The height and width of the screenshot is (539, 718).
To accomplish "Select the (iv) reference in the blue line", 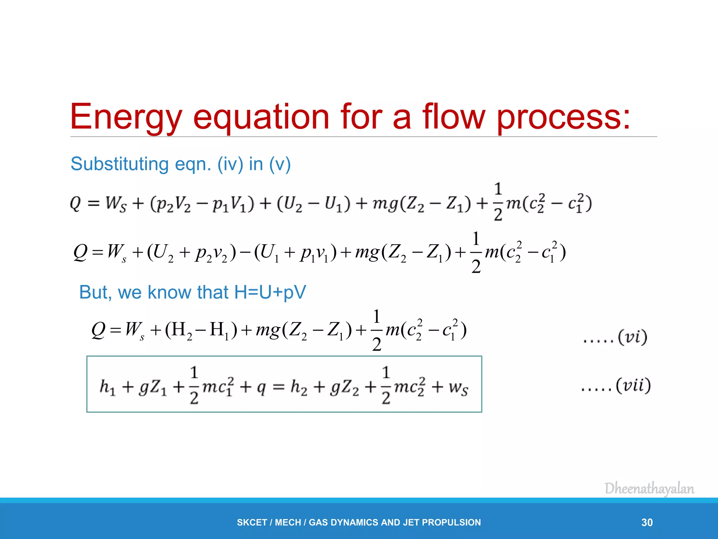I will click(230, 164).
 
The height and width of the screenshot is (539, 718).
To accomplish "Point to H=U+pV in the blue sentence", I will click(270, 292).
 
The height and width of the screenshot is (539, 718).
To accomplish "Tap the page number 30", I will click(647, 523).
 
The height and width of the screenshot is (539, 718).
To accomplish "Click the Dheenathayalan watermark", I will click(649, 489).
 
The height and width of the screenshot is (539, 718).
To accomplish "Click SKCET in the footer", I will click(252, 523).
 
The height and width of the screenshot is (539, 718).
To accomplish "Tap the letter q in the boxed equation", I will click(261, 388).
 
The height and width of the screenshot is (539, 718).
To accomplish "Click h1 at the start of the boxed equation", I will click(107, 387).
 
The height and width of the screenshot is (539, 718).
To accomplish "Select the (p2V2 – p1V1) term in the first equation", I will click(202, 204).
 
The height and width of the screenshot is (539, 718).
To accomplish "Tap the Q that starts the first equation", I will click(75, 203).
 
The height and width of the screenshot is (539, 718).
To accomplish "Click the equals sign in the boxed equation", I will click(278, 387).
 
